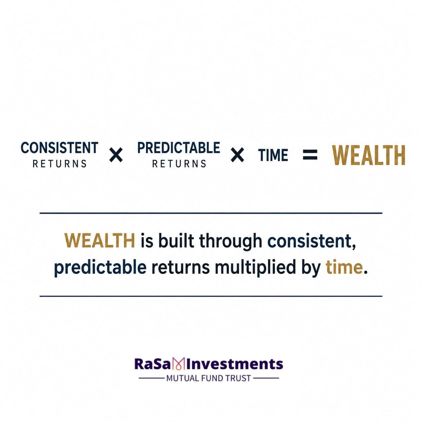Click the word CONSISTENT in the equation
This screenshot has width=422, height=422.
tap(59, 147)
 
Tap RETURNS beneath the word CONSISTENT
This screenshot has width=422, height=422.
tap(60, 164)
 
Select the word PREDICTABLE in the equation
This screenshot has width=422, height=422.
tap(178, 147)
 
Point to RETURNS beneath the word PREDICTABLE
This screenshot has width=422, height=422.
tap(179, 164)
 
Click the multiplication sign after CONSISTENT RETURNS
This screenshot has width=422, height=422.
tap(116, 155)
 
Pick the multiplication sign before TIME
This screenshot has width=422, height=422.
tap(237, 155)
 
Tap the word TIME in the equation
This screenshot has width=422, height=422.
tap(273, 155)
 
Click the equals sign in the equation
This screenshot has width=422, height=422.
tap(310, 155)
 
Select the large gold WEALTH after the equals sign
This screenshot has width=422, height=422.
tap(369, 155)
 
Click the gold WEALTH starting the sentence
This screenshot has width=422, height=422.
tap(100, 241)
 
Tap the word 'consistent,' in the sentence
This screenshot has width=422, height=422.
tap(311, 241)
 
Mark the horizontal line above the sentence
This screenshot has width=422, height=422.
tap(211, 213)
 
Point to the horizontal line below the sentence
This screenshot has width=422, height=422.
tap(211, 296)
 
